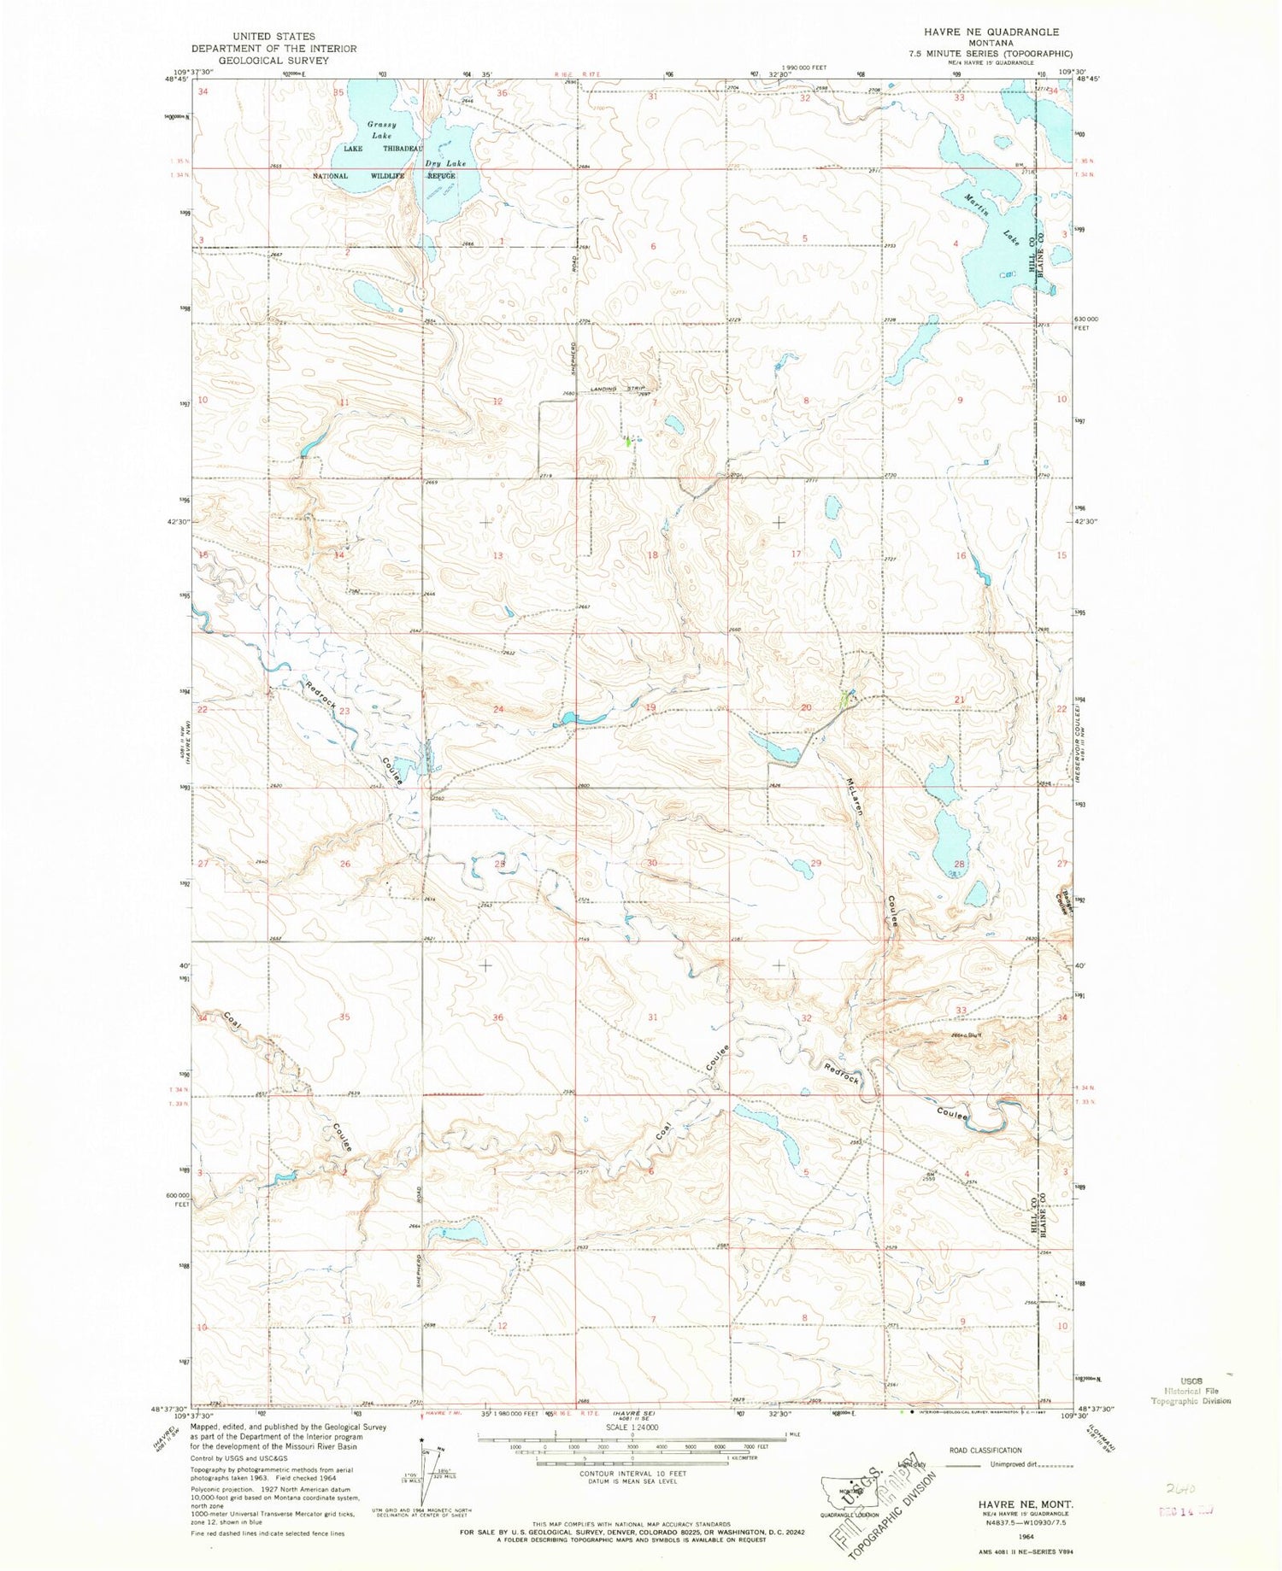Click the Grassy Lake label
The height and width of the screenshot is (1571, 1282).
pos(381,130)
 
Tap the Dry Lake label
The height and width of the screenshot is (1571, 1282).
pos(445,163)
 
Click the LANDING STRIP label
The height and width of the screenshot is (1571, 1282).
pos(617,390)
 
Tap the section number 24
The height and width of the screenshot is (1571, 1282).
pos(498,710)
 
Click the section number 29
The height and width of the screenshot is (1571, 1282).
pos(815,864)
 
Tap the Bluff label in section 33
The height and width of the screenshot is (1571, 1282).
pos(974,1035)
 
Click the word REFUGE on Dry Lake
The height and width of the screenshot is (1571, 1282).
pos(441,176)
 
